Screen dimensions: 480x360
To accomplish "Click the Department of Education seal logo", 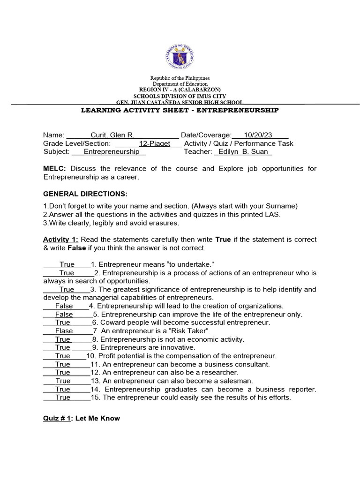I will [x=180, y=58].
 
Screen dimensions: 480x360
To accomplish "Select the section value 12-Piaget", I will [x=154, y=143].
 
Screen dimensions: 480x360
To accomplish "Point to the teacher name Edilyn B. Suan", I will [x=243, y=152].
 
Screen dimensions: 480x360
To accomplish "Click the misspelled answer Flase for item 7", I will [x=64, y=331].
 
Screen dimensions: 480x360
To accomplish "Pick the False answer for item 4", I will [x=64, y=306].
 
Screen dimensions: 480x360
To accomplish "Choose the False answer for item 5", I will [x=64, y=315].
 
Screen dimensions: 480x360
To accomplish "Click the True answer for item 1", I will [x=67, y=265].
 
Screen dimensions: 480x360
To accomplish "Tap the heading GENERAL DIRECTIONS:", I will [x=85, y=194].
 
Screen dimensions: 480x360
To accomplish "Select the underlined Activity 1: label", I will [x=60, y=240].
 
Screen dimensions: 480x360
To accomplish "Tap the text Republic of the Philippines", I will [x=180, y=78].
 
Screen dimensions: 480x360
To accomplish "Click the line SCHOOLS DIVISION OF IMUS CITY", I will [x=180, y=96].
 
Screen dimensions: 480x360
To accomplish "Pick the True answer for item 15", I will [x=63, y=397].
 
